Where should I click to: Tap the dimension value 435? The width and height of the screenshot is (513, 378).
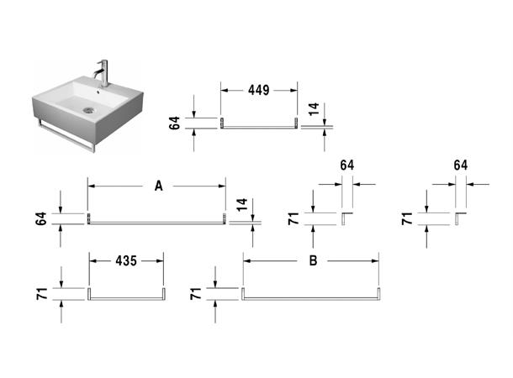(x=127, y=262)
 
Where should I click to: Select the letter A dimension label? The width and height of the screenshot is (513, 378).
(x=158, y=187)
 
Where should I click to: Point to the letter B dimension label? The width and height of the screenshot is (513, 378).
(x=313, y=261)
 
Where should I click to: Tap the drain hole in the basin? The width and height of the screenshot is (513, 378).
(x=88, y=109)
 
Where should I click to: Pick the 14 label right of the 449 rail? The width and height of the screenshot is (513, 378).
(x=315, y=108)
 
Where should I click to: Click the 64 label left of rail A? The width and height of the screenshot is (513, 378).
(x=40, y=219)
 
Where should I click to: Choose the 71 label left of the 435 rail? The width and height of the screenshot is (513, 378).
(x=41, y=294)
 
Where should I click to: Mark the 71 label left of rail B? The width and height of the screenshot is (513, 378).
(x=195, y=293)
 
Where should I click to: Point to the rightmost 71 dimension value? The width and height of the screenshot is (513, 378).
(x=406, y=219)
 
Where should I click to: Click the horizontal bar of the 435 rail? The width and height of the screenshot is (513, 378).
(x=127, y=297)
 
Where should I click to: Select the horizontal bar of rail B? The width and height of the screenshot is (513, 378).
(x=313, y=297)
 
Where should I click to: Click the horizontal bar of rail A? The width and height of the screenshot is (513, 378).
(x=157, y=223)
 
